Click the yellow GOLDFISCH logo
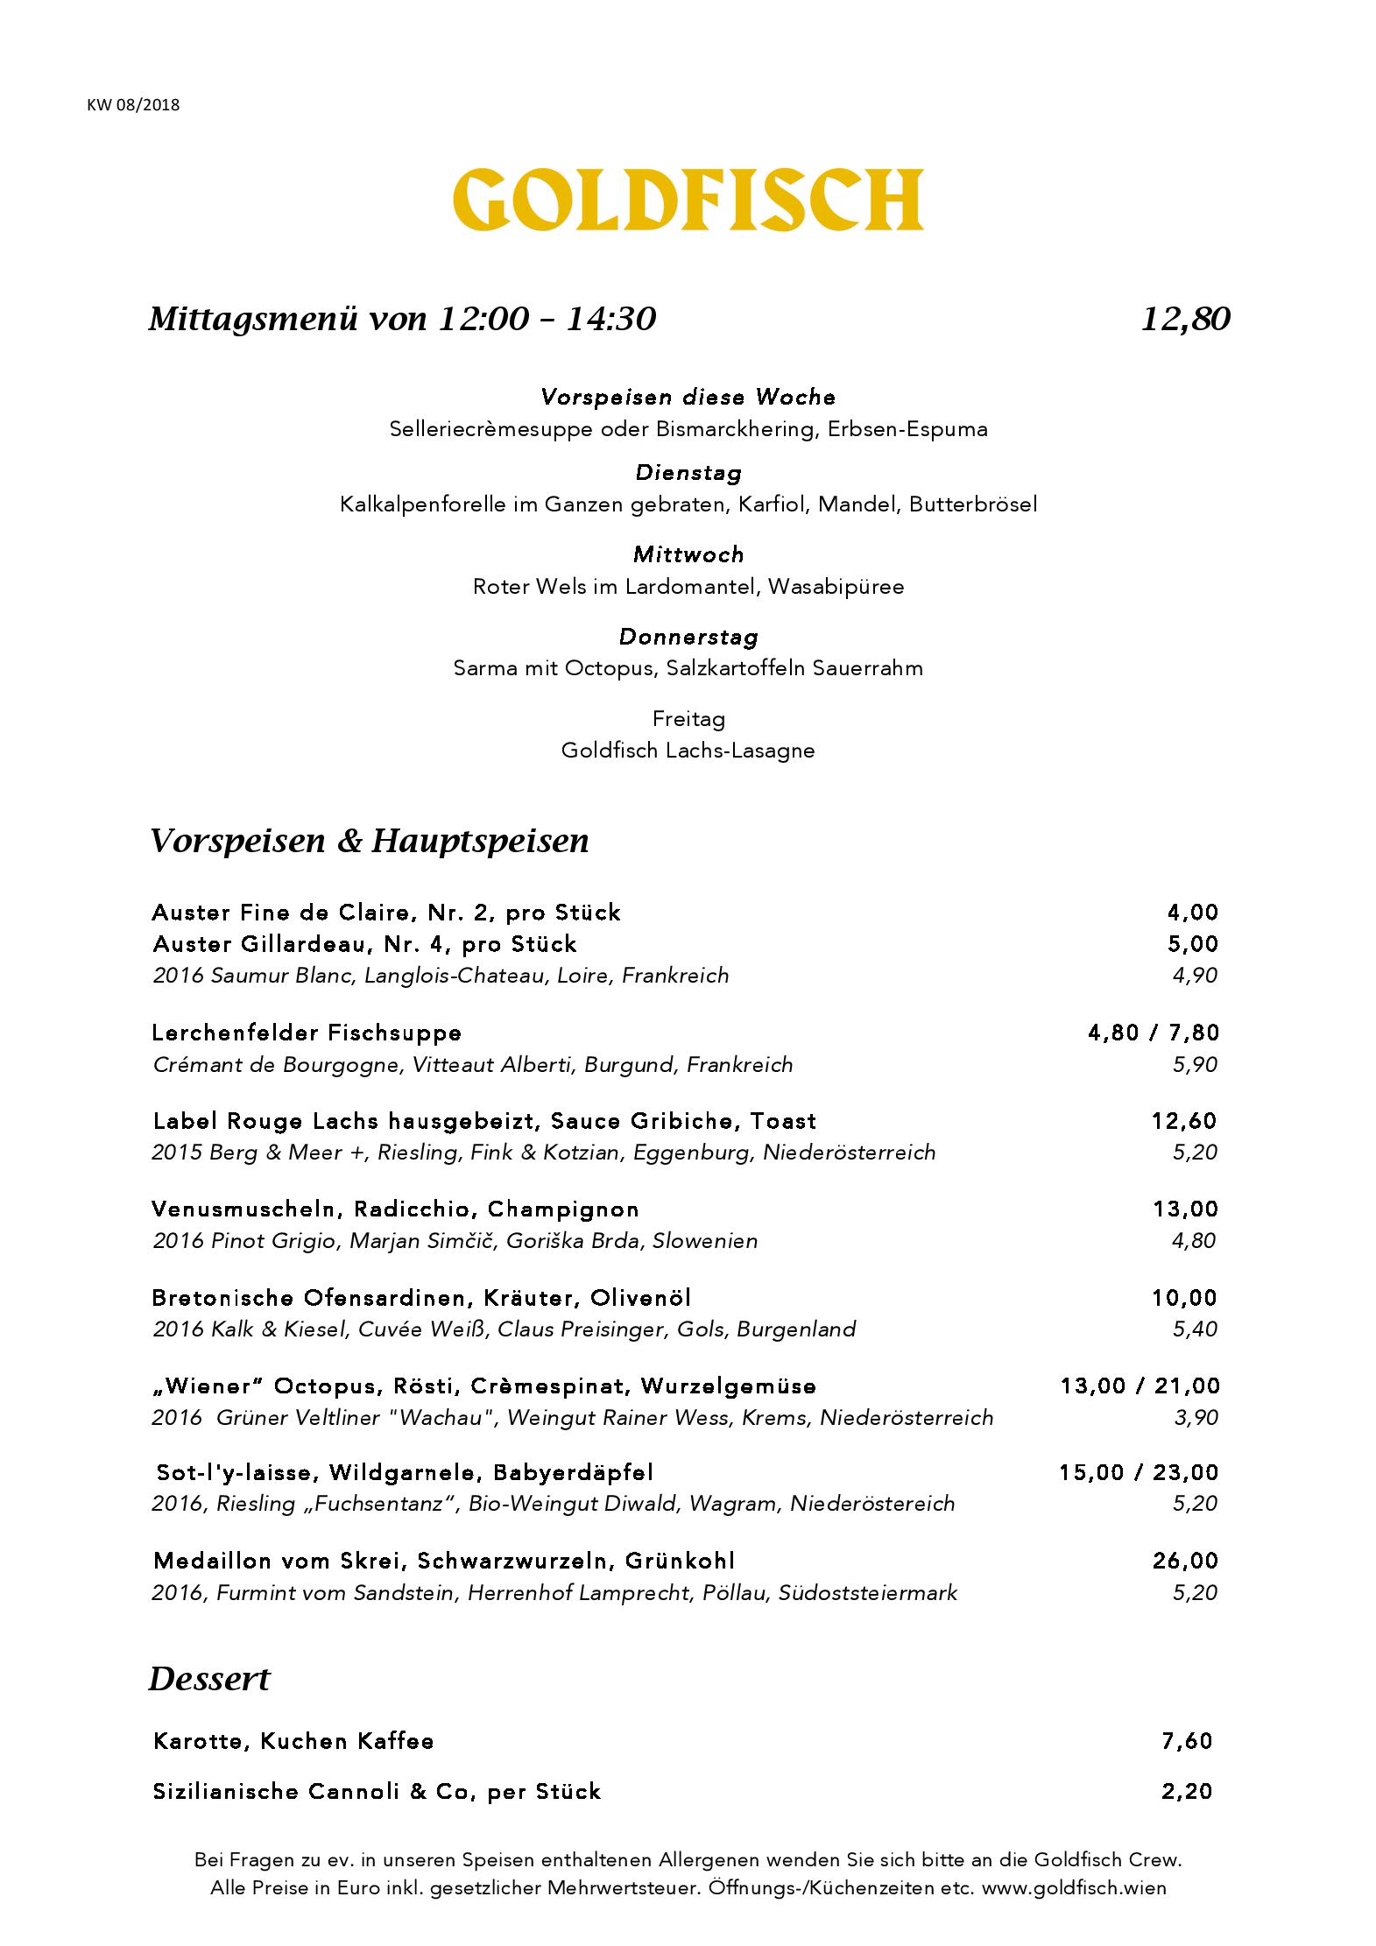[x=688, y=200]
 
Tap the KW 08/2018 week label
[x=133, y=105]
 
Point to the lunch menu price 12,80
[x=1186, y=319]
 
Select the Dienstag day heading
[x=688, y=473]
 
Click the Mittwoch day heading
[x=688, y=554]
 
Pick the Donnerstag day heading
[x=688, y=637]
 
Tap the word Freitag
[x=688, y=719]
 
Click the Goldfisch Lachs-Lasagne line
[x=688, y=751]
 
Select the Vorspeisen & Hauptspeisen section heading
[x=369, y=841]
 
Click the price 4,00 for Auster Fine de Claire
[x=1192, y=913]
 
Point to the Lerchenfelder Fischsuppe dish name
[x=307, y=1033]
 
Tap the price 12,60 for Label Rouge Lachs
[x=1184, y=1121]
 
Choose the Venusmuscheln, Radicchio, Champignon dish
[x=395, y=1209]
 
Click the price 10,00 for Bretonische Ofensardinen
[x=1184, y=1298]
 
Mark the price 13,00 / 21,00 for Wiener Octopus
[x=1139, y=1386]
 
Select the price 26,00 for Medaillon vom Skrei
[x=1184, y=1561]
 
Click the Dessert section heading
[x=209, y=1680]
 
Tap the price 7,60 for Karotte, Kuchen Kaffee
[x=1187, y=1741]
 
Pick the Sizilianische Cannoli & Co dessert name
[x=377, y=1792]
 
